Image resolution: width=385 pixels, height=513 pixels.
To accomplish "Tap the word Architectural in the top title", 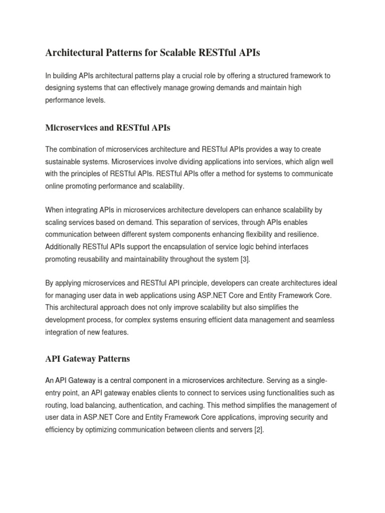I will pos(75,52).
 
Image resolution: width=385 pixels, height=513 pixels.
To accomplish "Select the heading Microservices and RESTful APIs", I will pos(108,128).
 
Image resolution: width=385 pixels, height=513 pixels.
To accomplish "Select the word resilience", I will pos(301,234).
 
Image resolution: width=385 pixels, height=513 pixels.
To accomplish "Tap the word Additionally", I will pos(64,246).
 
